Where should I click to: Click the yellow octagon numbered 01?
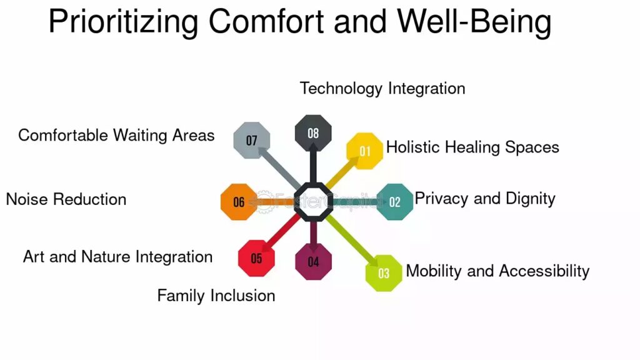coord(364,151)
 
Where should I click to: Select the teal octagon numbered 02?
coord(395,202)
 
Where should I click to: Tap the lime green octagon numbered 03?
coord(384,273)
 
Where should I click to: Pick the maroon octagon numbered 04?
coord(314,262)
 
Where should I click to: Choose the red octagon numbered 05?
coord(256,258)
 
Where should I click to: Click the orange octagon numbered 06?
coord(239,202)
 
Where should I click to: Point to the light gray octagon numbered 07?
coord(252,141)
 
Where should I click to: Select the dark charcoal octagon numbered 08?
coord(313,133)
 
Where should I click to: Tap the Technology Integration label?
coord(382,89)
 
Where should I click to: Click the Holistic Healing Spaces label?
coord(472,147)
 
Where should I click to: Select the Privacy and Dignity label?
coord(485,199)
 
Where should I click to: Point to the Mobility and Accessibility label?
coord(497,271)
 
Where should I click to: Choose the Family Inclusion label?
coord(216,296)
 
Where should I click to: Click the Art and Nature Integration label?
coord(117,257)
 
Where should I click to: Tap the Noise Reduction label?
coord(66,199)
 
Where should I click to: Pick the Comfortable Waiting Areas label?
coord(116,136)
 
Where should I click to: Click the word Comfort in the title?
coord(267,21)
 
